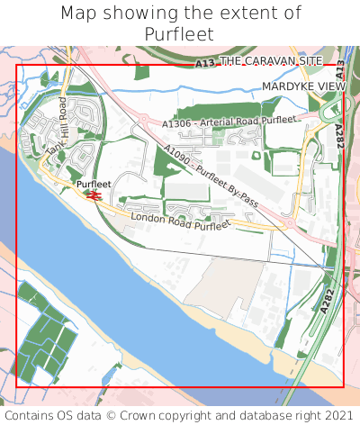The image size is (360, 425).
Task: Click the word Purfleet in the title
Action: tap(180, 33)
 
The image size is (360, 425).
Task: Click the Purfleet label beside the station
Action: tap(94, 185)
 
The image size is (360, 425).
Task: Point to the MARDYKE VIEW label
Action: tap(303, 86)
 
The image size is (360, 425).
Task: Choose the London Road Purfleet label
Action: tap(180, 222)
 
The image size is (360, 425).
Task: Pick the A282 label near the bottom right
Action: tap(327, 300)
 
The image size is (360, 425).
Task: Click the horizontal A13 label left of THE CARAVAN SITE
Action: tap(205, 64)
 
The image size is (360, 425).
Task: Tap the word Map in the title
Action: tap(77, 14)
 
